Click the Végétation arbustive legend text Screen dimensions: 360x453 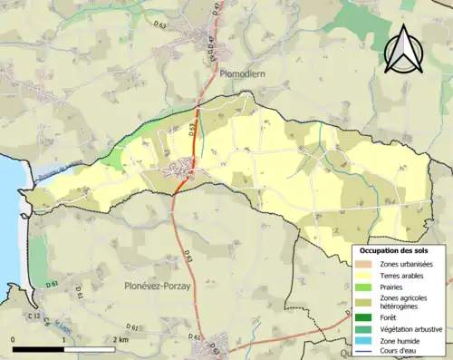[x=410, y=329]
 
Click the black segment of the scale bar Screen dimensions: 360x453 [x=38, y=349]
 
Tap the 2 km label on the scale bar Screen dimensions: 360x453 [x=120, y=340]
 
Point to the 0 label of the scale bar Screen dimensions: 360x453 [x=14, y=340]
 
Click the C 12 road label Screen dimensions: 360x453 [x=34, y=316]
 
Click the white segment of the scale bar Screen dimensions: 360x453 [x=88, y=349]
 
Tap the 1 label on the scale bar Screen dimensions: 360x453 [x=63, y=340]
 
